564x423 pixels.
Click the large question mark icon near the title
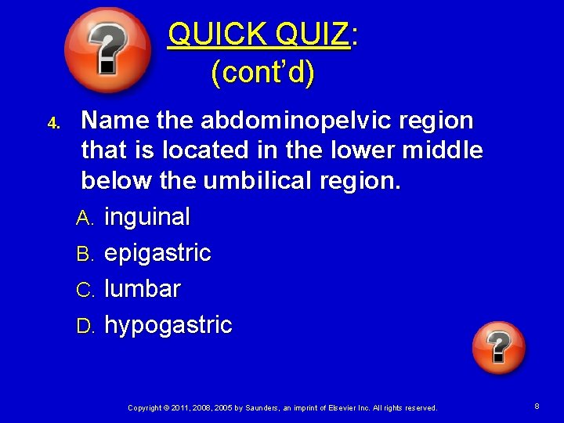107,51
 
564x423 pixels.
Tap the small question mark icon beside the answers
499,348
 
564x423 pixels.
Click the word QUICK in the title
217,34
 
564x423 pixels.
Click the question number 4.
53,123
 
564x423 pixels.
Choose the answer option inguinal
147,216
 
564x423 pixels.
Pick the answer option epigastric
157,253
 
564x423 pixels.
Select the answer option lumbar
143,289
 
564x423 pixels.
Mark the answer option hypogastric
168,325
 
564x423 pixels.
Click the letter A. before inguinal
85,218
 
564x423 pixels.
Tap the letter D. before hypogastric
85,326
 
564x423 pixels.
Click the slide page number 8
537,407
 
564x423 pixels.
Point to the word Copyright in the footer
146,407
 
